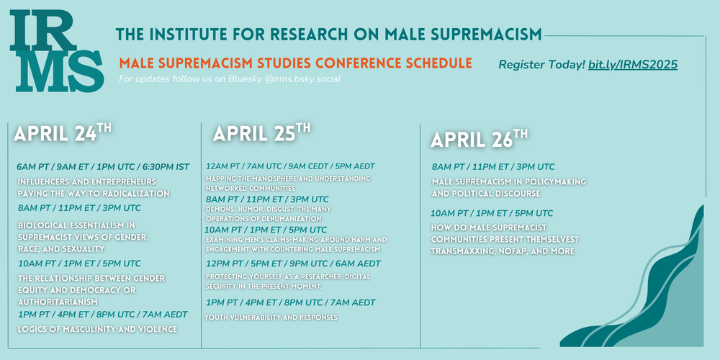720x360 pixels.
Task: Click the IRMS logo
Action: point(57,50)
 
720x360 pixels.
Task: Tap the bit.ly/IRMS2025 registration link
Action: point(633,65)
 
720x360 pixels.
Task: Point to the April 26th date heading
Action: point(479,138)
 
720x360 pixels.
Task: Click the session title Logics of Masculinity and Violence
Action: point(97,329)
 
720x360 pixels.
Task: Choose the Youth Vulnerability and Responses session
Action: point(271,318)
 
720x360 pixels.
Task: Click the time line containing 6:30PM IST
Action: point(103,167)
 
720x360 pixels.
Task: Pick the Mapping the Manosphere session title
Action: point(288,183)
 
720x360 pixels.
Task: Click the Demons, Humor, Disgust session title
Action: point(269,214)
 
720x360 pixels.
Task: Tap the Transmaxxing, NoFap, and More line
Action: point(503,251)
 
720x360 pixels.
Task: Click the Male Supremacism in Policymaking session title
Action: point(509,188)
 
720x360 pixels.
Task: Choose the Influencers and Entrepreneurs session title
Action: point(94,188)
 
